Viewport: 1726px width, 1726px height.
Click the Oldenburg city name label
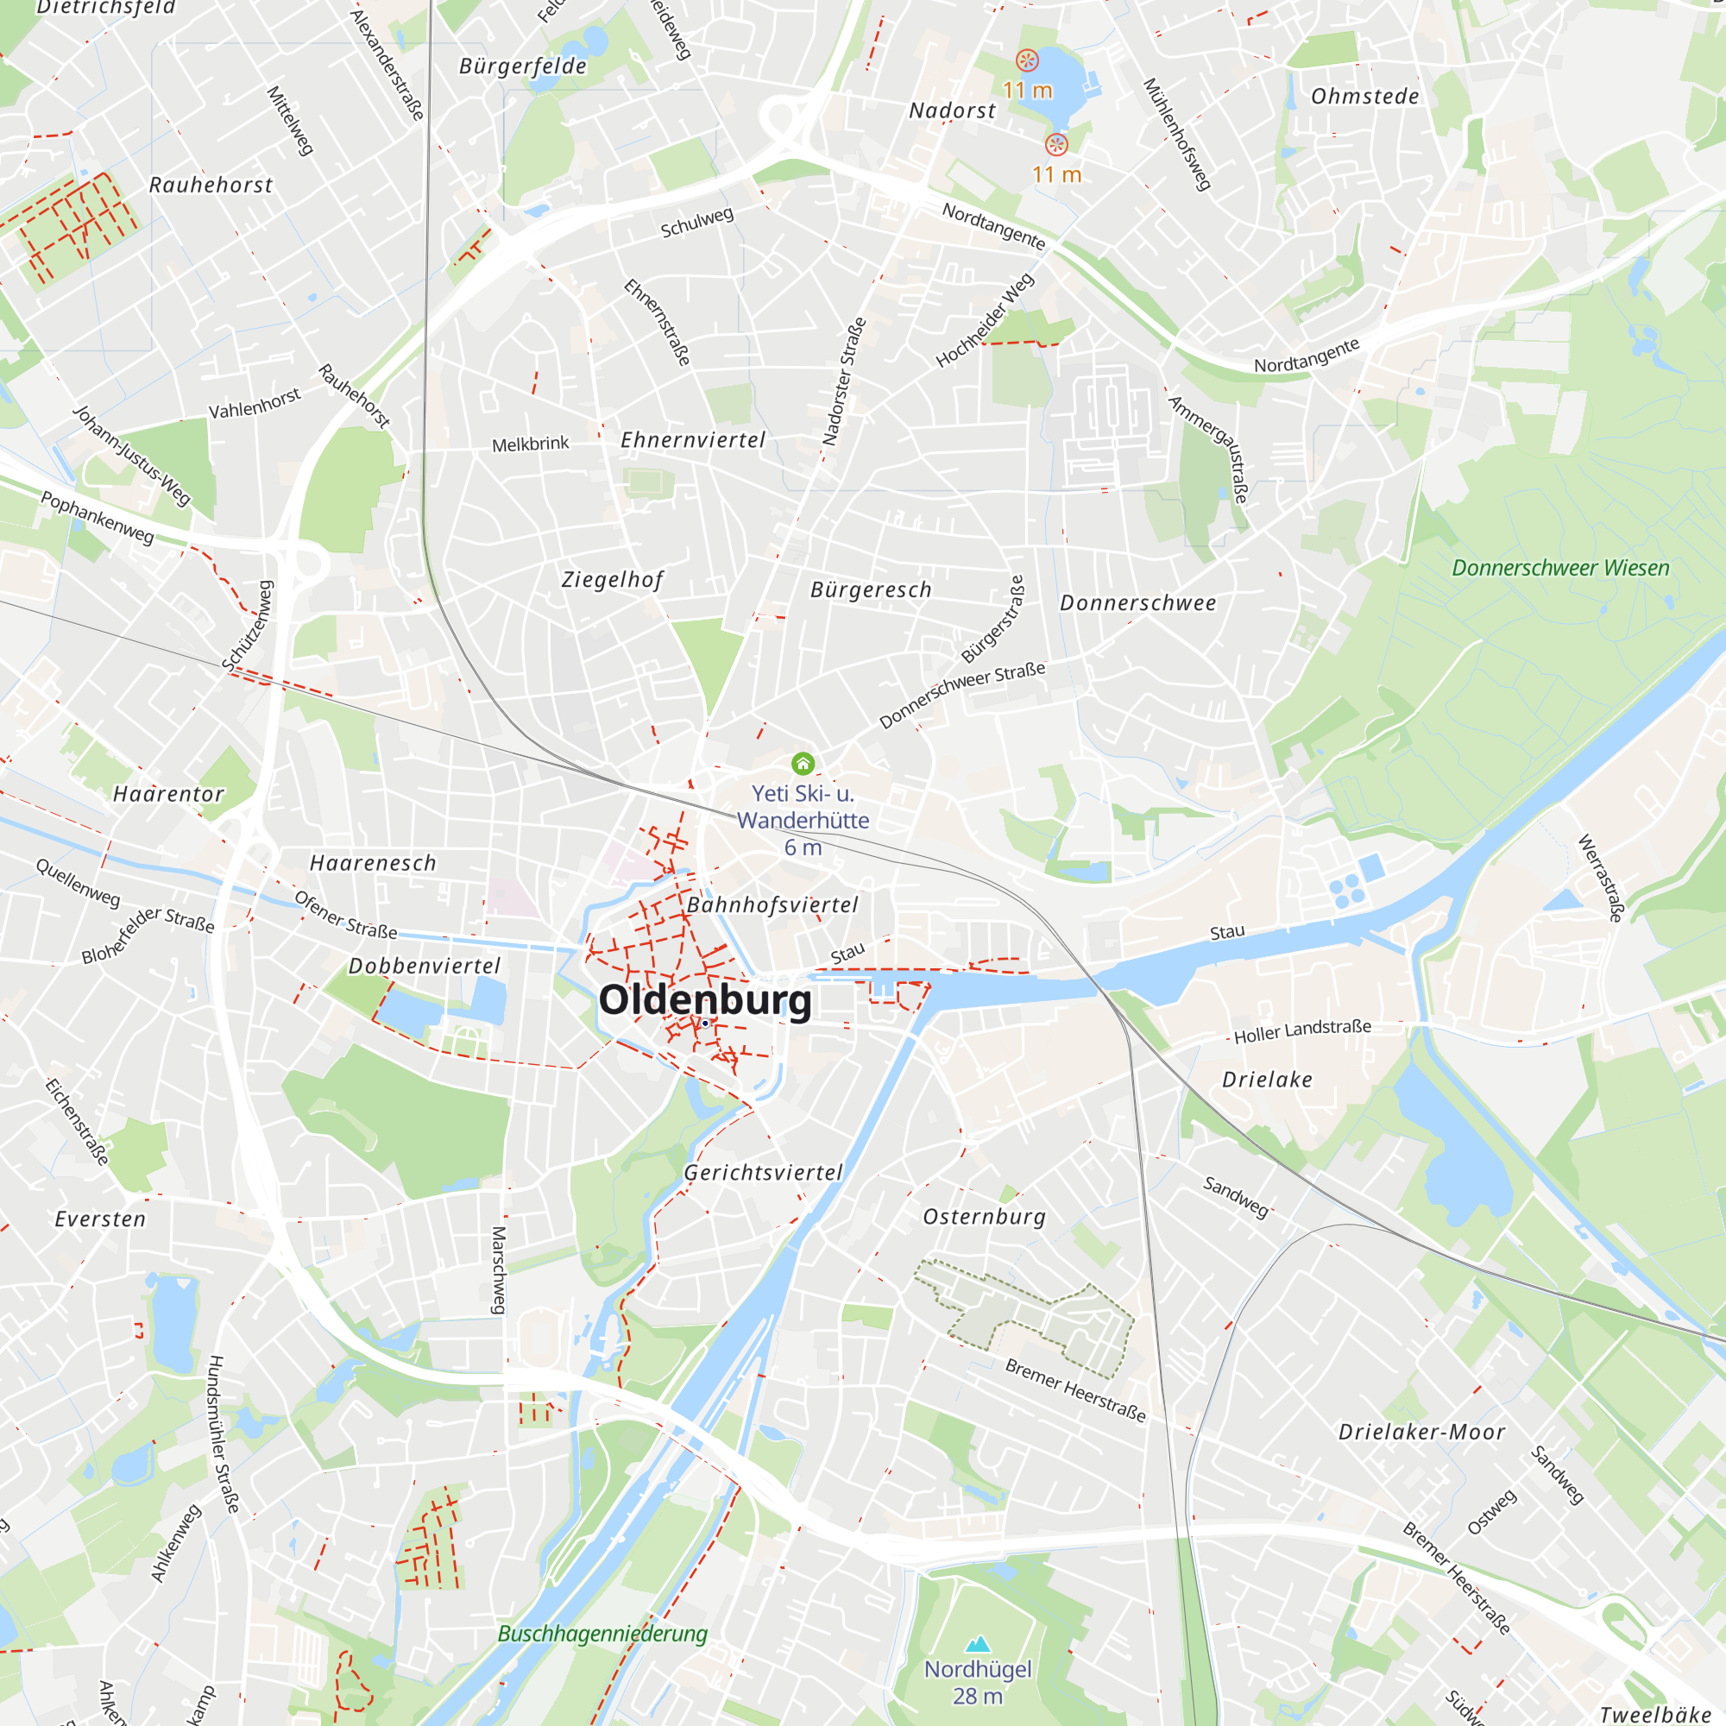pos(705,999)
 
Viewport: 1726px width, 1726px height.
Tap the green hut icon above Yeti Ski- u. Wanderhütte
pos(803,763)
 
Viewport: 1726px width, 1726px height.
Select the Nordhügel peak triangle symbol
pos(979,1643)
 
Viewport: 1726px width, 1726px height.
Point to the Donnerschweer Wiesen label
pos(1559,568)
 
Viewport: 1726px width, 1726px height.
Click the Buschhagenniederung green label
pos(602,1633)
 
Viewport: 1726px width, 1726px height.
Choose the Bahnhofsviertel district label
pos(772,905)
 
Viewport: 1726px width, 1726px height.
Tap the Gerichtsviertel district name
pos(763,1173)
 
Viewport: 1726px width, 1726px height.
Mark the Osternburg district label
pos(984,1217)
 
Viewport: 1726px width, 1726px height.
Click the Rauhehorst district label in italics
pos(211,185)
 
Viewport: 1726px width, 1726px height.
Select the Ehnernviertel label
pos(693,439)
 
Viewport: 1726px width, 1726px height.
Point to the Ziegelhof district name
pos(613,580)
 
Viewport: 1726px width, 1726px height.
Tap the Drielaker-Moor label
pos(1421,1432)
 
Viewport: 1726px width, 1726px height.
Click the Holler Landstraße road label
pos(1301,1032)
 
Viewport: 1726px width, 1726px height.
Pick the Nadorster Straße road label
pos(843,381)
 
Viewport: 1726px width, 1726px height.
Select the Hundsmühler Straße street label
pos(224,1433)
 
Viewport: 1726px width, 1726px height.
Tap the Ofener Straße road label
pos(346,916)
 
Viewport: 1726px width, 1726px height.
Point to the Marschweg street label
pos(499,1269)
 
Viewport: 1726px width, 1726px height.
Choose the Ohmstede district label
pos(1364,97)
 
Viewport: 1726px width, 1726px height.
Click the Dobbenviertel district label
pos(425,966)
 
